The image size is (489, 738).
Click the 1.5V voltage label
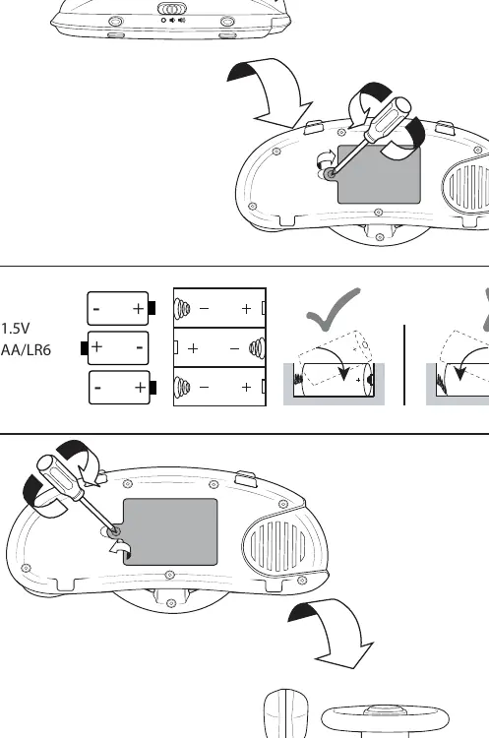pyautogui.click(x=15, y=328)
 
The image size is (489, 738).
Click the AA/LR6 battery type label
pyautogui.click(x=26, y=350)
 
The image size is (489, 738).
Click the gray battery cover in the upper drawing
pyautogui.click(x=380, y=175)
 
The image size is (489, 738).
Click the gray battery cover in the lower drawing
pyautogui.click(x=170, y=531)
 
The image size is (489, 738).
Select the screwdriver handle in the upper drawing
pyautogui.click(x=389, y=119)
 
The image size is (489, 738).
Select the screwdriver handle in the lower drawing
pyautogui.click(x=60, y=477)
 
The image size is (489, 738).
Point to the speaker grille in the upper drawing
pyautogui.click(x=466, y=187)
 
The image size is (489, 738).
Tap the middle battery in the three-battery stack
pyautogui.click(x=115, y=347)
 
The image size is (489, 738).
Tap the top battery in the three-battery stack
pyautogui.click(x=121, y=308)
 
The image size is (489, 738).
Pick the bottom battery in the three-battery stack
pyautogui.click(x=122, y=388)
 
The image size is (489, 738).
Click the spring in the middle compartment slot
pyautogui.click(x=257, y=348)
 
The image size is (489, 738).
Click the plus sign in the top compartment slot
pyautogui.click(x=246, y=308)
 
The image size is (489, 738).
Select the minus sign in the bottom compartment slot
pyautogui.click(x=204, y=388)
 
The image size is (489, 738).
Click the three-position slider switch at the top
pyautogui.click(x=172, y=9)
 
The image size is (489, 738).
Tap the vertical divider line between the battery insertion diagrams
pyautogui.click(x=404, y=365)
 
